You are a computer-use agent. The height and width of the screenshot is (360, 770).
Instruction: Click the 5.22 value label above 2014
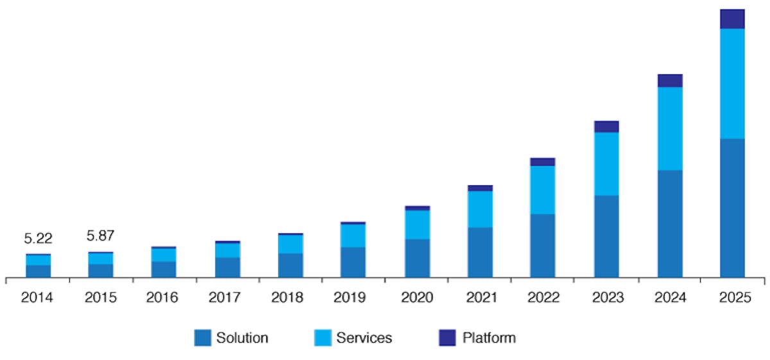pyautogui.click(x=38, y=239)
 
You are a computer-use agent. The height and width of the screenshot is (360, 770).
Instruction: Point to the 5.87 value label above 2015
pyautogui.click(x=101, y=236)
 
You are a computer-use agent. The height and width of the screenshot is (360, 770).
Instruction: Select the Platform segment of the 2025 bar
pyautogui.click(x=732, y=19)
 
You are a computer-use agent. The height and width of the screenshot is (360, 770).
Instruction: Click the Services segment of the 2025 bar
pyautogui.click(x=732, y=83)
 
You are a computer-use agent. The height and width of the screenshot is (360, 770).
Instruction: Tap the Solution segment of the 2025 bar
pyautogui.click(x=732, y=208)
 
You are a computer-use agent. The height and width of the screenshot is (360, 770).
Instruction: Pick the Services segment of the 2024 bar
pyautogui.click(x=669, y=128)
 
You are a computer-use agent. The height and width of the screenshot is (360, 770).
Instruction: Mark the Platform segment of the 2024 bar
pyautogui.click(x=669, y=80)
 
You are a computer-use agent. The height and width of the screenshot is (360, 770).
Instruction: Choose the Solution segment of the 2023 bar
pyautogui.click(x=606, y=236)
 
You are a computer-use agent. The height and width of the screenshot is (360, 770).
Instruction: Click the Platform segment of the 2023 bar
pyautogui.click(x=606, y=126)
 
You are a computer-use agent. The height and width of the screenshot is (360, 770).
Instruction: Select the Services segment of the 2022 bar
pyautogui.click(x=542, y=190)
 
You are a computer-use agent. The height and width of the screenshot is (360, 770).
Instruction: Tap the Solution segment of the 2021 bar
pyautogui.click(x=480, y=252)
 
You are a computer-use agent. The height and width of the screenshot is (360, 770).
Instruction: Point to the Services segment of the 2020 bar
pyautogui.click(x=417, y=225)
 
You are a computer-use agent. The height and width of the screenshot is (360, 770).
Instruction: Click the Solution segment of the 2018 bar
pyautogui.click(x=291, y=265)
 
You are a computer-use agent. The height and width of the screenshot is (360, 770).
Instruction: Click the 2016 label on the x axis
pyautogui.click(x=164, y=298)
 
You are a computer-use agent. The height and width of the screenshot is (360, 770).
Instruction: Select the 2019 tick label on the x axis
pyautogui.click(x=354, y=298)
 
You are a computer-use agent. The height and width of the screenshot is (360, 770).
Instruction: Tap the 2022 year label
pyautogui.click(x=543, y=298)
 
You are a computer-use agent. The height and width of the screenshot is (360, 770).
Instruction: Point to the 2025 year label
pyautogui.click(x=733, y=298)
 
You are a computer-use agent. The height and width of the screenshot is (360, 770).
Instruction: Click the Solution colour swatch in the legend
pyautogui.click(x=202, y=338)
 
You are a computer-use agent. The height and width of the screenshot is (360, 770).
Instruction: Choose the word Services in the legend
pyautogui.click(x=364, y=338)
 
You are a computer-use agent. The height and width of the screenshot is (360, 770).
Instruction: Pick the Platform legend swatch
pyautogui.click(x=447, y=338)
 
